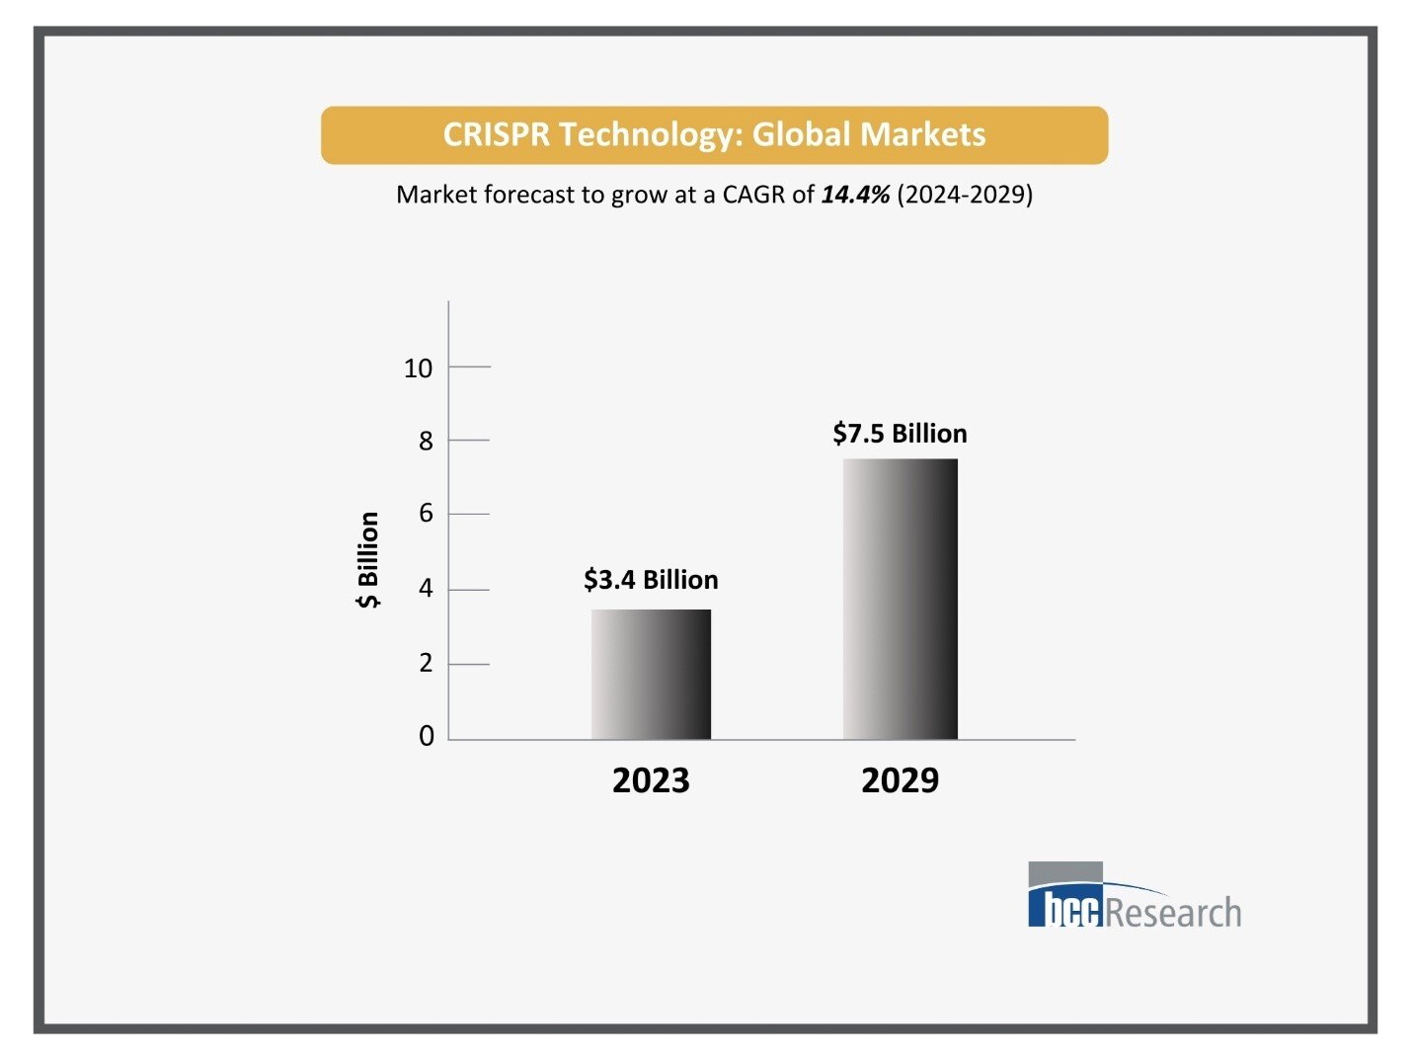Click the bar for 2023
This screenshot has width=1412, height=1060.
tap(651, 674)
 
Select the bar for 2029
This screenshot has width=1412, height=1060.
tap(900, 599)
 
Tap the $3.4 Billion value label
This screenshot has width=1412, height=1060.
tap(651, 580)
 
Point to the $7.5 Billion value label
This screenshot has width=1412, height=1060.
tap(900, 434)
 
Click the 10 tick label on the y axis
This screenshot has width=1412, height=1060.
tap(418, 368)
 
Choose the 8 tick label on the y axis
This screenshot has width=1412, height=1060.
tap(426, 442)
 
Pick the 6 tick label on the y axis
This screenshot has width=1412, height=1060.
tap(426, 514)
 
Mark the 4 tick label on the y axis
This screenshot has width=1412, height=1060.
tap(426, 589)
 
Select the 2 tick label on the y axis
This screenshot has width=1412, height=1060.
tap(426, 663)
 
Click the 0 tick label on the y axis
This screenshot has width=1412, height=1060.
tap(426, 736)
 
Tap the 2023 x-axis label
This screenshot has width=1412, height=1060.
tap(651, 780)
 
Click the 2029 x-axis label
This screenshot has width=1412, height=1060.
tap(900, 780)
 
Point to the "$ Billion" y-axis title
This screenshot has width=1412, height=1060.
tap(367, 560)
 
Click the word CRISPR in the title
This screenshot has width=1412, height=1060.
tap(495, 135)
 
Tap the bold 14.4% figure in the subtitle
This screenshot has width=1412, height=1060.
tap(855, 195)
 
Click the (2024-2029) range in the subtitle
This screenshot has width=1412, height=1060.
tap(965, 195)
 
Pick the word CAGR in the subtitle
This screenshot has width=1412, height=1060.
tap(753, 195)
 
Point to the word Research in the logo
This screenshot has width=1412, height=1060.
tap(1173, 913)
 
